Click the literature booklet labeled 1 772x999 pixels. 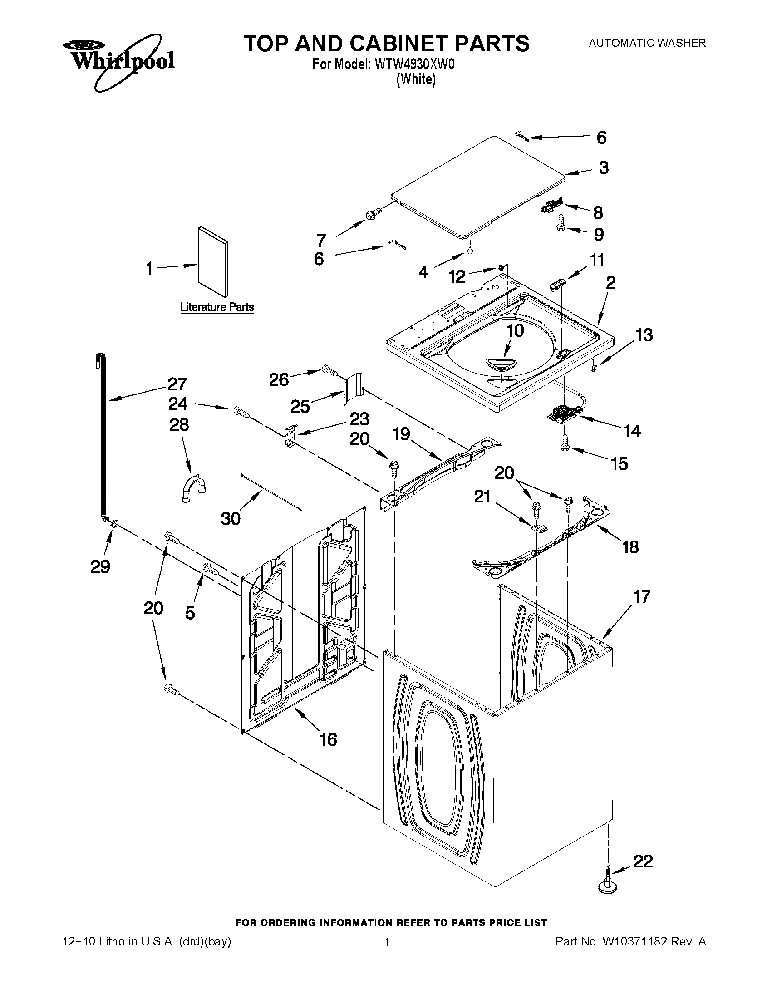tap(213, 261)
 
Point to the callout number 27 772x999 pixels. tap(177, 384)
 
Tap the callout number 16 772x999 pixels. tap(329, 740)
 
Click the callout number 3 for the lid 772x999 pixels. tap(604, 167)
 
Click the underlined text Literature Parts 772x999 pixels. tap(217, 307)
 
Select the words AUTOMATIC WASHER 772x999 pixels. tap(647, 43)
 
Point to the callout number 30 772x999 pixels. tap(231, 518)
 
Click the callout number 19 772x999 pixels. tap(402, 433)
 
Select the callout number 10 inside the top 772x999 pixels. tap(516, 330)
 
